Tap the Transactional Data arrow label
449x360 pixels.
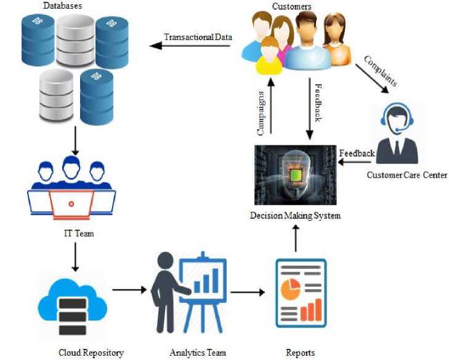coord(197,37)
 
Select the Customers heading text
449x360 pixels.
coord(291,6)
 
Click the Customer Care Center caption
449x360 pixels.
coord(407,175)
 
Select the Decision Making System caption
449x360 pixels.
coord(294,215)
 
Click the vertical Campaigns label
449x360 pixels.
coord(261,114)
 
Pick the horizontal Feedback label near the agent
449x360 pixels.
coord(357,153)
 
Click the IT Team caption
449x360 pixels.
coord(75,234)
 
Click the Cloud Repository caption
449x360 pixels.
coord(91,353)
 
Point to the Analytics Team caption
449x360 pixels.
coord(198,353)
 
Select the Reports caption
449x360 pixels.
coord(300,353)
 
